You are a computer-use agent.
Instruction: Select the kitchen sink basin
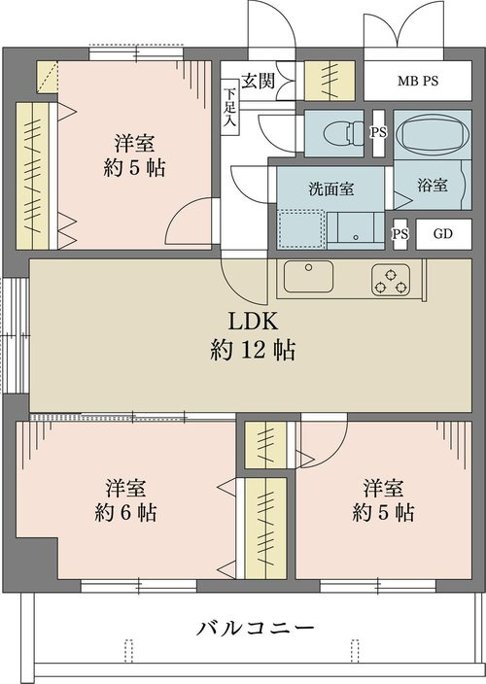click(308, 276)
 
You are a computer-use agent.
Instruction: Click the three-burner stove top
click(391, 280)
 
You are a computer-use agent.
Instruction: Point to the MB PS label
click(418, 82)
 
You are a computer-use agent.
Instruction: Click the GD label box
click(443, 234)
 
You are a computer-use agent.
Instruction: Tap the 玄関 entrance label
click(259, 81)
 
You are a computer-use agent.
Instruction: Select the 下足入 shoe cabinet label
click(229, 107)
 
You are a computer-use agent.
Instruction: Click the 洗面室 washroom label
click(331, 188)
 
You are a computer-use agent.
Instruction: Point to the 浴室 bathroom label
click(433, 185)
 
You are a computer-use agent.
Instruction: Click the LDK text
click(253, 322)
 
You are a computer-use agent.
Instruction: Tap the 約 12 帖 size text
click(253, 350)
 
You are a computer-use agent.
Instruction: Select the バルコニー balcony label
click(256, 629)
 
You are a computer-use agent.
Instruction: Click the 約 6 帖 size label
click(126, 513)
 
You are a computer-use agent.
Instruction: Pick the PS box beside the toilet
click(379, 133)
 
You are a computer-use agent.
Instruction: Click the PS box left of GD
click(399, 234)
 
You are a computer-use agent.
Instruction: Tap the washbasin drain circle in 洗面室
click(356, 237)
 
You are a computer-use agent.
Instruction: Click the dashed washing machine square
click(301, 229)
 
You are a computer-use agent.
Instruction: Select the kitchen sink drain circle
click(308, 267)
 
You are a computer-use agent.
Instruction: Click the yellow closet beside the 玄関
click(330, 82)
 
